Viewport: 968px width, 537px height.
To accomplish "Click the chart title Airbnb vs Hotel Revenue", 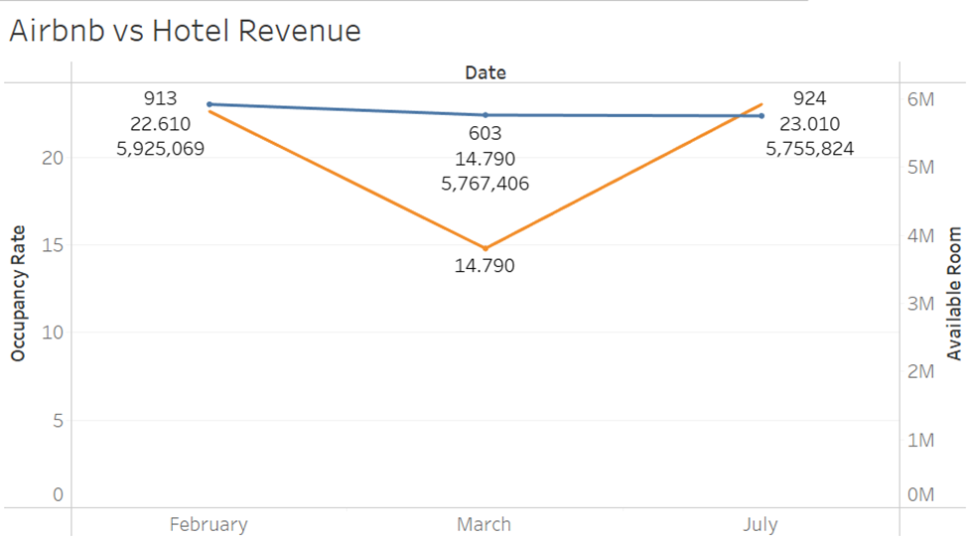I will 185,31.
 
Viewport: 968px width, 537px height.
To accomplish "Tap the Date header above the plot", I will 484,72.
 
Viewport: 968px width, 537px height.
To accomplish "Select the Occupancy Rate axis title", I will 18,293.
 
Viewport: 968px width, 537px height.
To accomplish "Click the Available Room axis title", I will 954,293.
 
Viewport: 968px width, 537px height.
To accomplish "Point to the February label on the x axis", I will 208,524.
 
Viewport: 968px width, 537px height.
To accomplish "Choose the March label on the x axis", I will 484,524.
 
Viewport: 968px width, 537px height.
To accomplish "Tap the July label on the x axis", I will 761,524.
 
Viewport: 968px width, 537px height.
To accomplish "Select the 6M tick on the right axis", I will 920,99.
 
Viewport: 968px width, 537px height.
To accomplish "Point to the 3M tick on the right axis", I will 920,304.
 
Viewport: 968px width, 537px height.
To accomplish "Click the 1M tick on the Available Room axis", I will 920,440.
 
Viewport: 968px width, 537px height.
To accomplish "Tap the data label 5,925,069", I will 161,150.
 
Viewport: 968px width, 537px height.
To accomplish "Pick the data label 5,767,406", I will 484,184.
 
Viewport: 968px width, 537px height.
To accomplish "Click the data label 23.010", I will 809,124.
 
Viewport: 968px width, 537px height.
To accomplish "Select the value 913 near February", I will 161,98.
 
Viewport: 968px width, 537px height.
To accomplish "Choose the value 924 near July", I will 809,98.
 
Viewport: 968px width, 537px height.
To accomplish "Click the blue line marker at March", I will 484,115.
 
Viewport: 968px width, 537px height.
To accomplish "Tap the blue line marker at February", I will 208,104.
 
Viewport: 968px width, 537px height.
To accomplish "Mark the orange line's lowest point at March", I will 484,248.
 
